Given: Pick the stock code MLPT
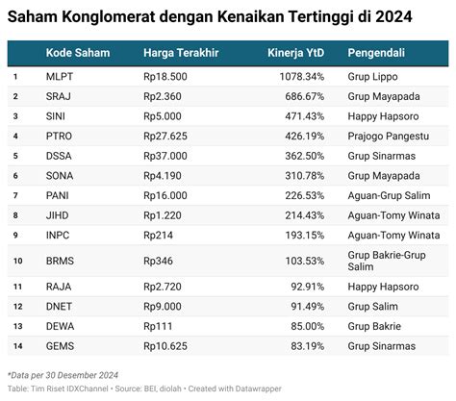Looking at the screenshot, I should [60, 76].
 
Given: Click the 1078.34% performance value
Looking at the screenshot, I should [299, 76].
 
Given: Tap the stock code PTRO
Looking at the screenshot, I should [60, 136].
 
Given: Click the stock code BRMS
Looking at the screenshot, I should [60, 261].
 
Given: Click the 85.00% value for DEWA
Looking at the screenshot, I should [306, 326].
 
